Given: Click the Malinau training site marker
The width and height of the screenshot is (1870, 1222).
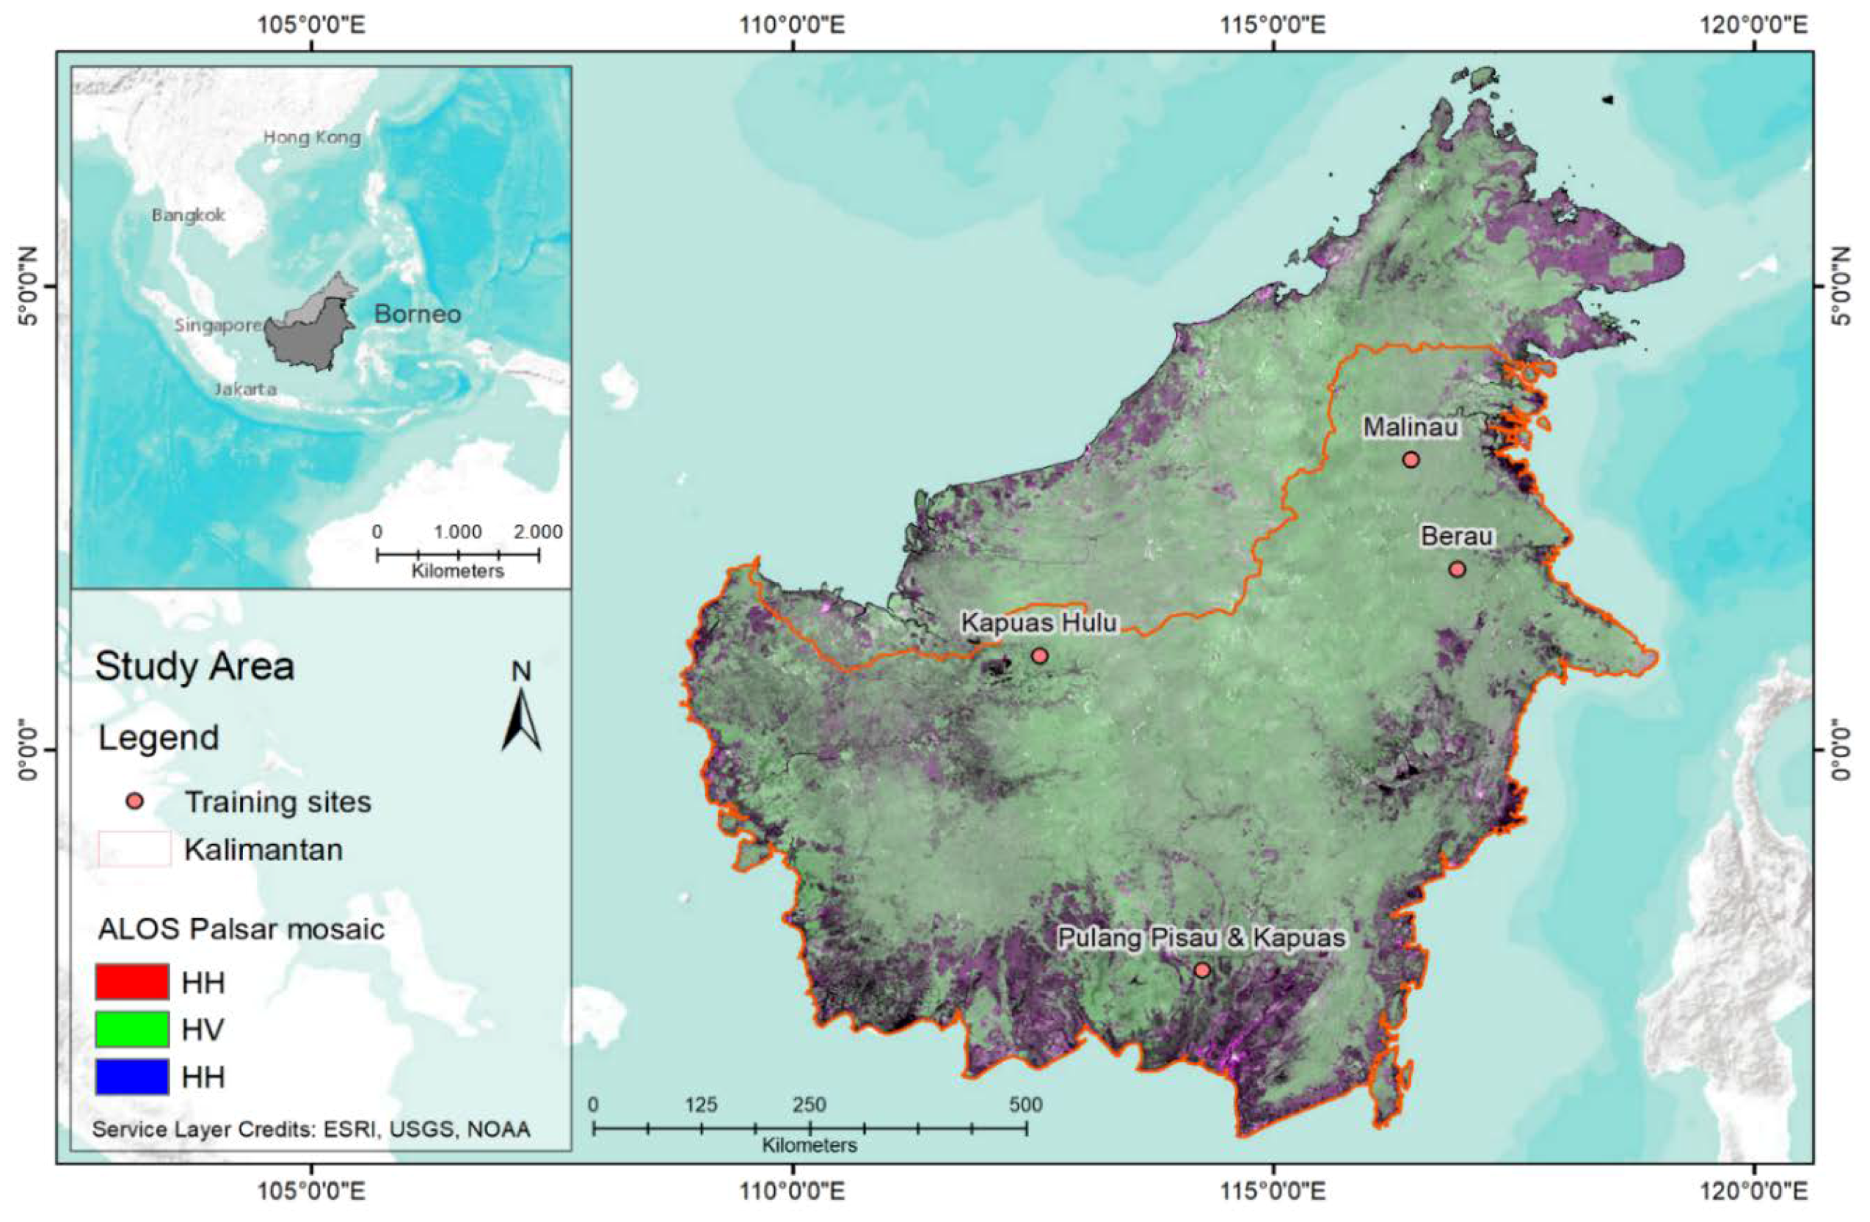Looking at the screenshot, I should (1411, 459).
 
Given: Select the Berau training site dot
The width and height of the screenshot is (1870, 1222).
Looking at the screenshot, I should (1458, 569).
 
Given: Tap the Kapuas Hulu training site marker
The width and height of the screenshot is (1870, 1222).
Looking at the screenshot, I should (1039, 655).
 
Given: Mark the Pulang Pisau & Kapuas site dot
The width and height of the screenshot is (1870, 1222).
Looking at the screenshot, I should (1201, 970).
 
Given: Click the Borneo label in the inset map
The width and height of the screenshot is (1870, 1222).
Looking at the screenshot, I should (417, 314).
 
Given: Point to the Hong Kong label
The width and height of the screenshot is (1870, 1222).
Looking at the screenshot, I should (312, 138).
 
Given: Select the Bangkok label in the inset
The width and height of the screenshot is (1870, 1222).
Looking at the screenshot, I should (189, 215).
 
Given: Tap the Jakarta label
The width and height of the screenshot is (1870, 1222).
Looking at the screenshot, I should (245, 389).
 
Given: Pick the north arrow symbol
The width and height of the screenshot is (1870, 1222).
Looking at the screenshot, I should (522, 719).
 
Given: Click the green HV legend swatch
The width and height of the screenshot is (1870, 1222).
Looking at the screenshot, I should (132, 1029).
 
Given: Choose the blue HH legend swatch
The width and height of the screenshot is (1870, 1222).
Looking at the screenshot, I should (132, 1076).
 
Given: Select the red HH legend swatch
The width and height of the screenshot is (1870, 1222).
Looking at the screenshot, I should (132, 981).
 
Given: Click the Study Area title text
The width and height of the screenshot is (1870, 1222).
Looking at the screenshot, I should (195, 667).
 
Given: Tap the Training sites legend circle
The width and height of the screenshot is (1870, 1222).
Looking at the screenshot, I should (135, 801).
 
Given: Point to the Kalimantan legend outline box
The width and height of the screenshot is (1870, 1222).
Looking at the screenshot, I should (134, 848).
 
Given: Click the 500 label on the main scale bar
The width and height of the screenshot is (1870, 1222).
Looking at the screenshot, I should (1025, 1105).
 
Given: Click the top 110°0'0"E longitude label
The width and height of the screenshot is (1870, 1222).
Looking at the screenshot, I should (793, 25).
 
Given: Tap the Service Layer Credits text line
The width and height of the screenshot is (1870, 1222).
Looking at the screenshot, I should (311, 1130).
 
